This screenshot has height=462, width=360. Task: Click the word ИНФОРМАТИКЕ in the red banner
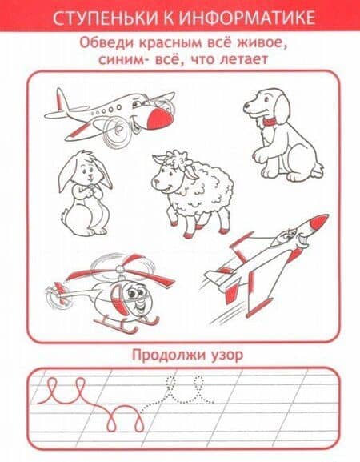[246, 18]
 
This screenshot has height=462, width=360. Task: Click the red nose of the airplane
[160, 118]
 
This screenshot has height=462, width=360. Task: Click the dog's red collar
[270, 121]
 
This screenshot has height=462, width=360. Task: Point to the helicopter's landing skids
[128, 325]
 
